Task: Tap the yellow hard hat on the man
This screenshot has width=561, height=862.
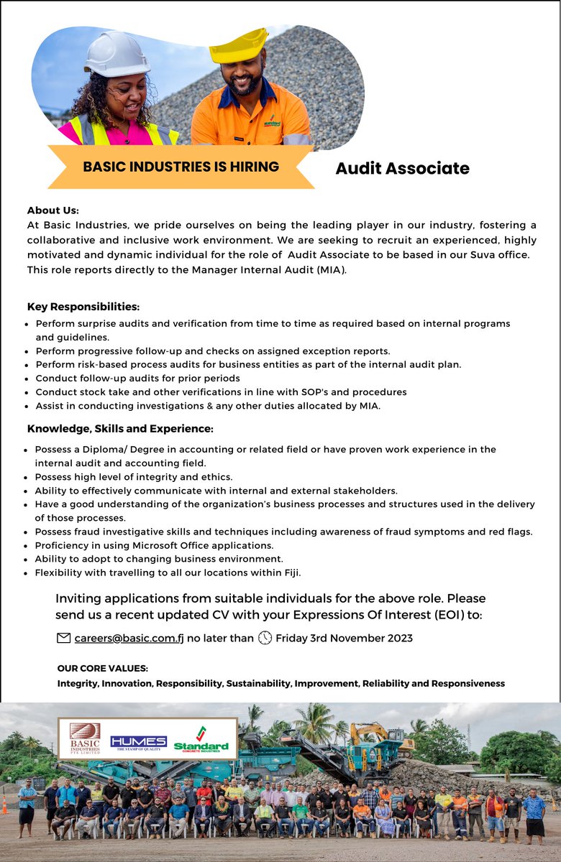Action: (x=240, y=46)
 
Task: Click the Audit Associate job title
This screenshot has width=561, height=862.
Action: (x=402, y=169)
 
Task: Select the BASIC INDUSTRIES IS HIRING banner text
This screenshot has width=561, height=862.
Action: (x=181, y=167)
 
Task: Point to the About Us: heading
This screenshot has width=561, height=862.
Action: (x=53, y=210)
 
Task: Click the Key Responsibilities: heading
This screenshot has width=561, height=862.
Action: (x=83, y=307)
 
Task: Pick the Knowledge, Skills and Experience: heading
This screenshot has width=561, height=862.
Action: (x=120, y=429)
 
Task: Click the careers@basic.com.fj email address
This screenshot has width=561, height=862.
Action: (x=129, y=637)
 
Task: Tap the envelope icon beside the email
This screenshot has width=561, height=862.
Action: (x=63, y=637)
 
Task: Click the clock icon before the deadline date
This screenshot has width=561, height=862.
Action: (x=265, y=637)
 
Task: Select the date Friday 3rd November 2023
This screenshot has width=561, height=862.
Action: (x=344, y=637)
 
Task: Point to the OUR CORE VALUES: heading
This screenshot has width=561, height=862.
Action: (x=102, y=668)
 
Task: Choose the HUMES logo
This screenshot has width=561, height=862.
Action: (x=138, y=742)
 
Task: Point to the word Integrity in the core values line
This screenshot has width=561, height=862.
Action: (x=78, y=683)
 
